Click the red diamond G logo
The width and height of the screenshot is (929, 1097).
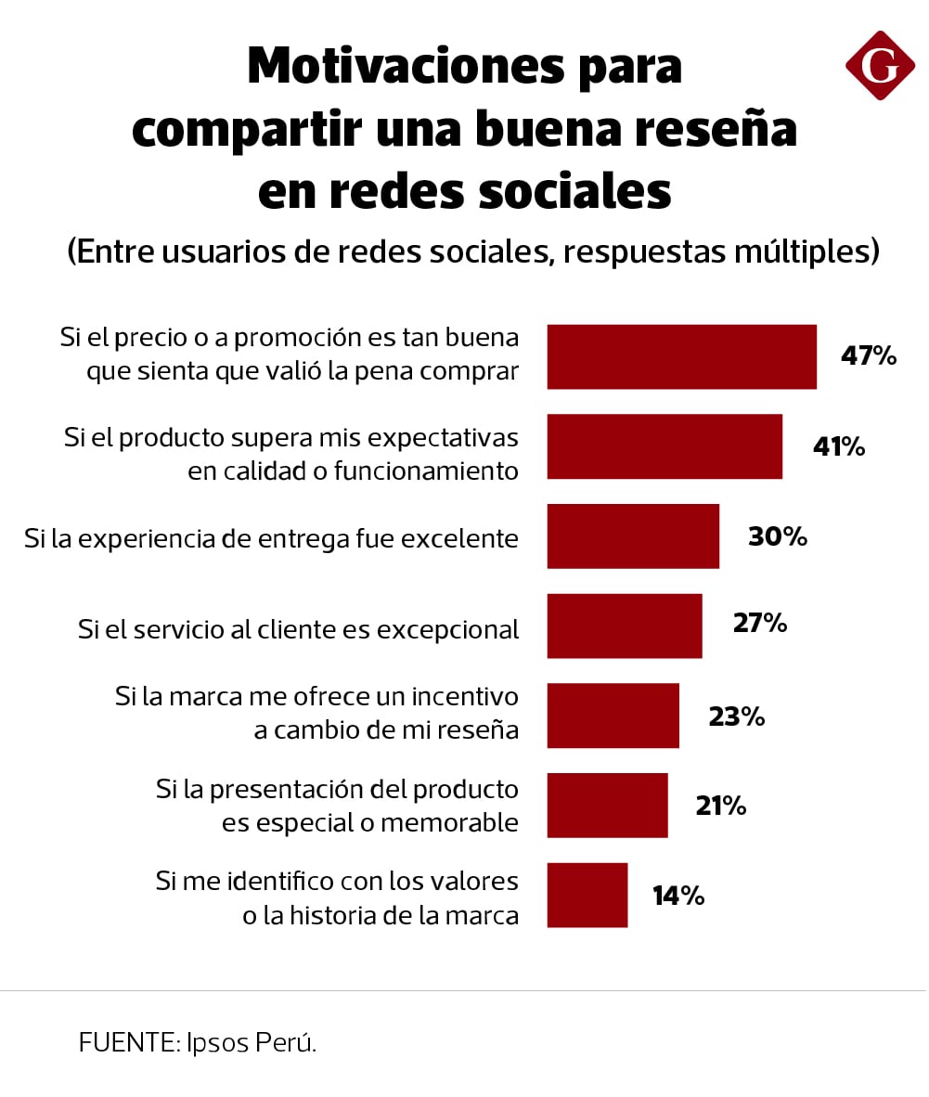(880, 65)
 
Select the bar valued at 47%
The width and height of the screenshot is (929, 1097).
(681, 356)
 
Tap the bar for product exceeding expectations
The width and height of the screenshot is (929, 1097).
(664, 446)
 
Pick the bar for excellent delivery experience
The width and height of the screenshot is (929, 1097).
(633, 536)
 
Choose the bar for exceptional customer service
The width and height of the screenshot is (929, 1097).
(625, 626)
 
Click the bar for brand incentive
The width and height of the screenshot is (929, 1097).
(613, 716)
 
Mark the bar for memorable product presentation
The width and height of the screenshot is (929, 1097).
(607, 805)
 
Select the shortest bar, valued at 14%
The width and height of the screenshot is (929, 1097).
(587, 895)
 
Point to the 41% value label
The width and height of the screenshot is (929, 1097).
(839, 446)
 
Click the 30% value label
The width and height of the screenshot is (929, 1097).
(778, 536)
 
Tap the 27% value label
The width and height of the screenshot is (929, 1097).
(760, 623)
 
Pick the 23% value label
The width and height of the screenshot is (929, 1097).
(737, 716)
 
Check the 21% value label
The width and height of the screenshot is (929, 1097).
(721, 806)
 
